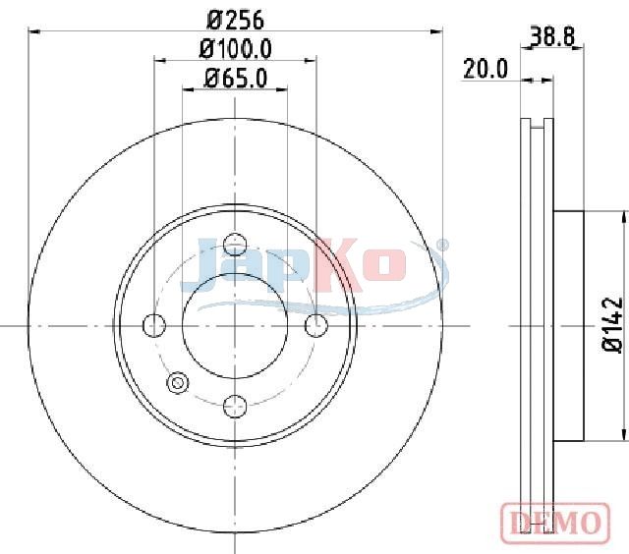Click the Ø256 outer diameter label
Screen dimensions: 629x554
pos(236,20)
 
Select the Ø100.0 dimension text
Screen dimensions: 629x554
pos(236,49)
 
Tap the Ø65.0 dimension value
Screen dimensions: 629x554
pos(236,79)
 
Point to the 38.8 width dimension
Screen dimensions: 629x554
pos(552,36)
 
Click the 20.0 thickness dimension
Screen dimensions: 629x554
pos(486,69)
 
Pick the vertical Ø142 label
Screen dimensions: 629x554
pos(613,325)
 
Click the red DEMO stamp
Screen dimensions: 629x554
pos(555,523)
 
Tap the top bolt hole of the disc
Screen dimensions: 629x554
pos(235,245)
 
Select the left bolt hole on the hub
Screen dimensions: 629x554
pos(154,325)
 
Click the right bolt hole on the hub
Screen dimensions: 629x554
pos(316,325)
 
